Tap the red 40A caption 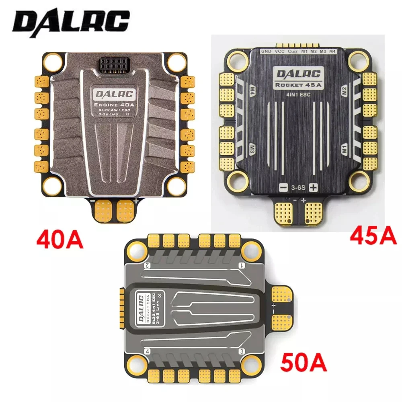point(60,238)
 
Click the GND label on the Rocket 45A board point(266,52)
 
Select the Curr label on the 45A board point(293,52)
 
